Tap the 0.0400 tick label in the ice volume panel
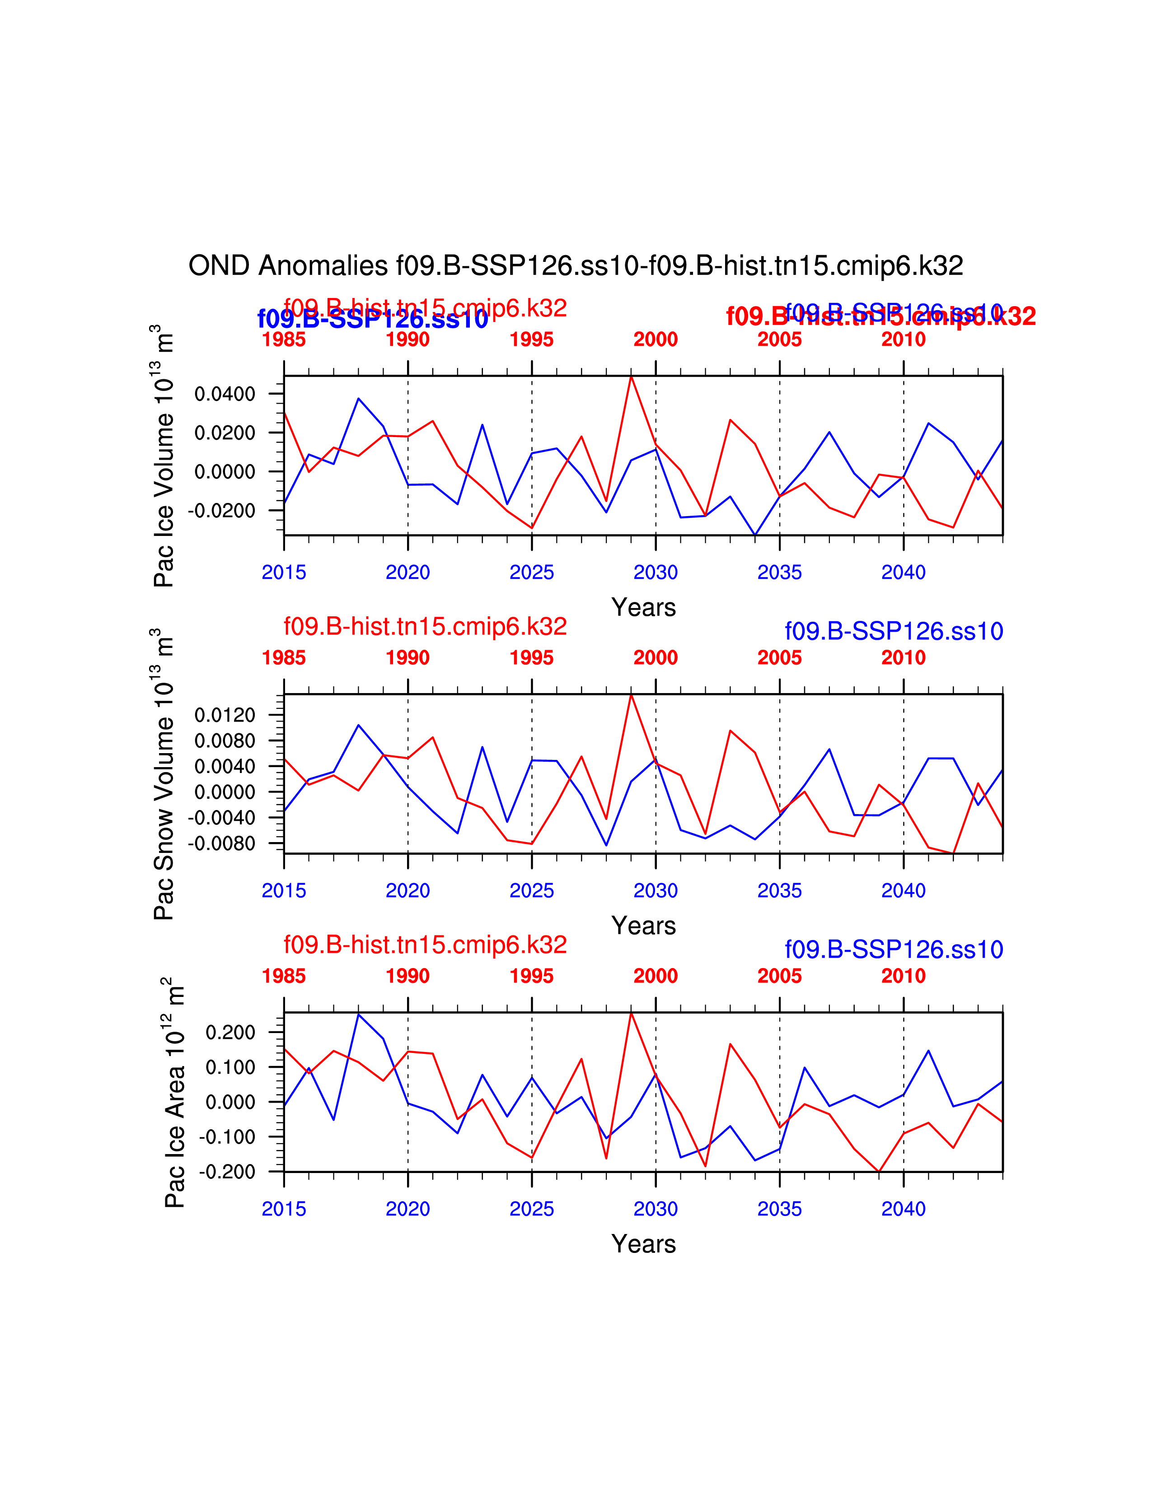click(225, 394)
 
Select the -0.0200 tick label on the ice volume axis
click(222, 510)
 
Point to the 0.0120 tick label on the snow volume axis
click(225, 715)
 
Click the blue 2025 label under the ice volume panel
click(532, 573)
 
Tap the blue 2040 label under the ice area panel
click(903, 1209)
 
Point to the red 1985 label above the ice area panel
click(284, 976)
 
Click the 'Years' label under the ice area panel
click(644, 1244)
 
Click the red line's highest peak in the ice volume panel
click(631, 377)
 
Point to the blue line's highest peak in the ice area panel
click(358, 1015)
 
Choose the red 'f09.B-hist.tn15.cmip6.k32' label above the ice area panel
click(425, 945)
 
